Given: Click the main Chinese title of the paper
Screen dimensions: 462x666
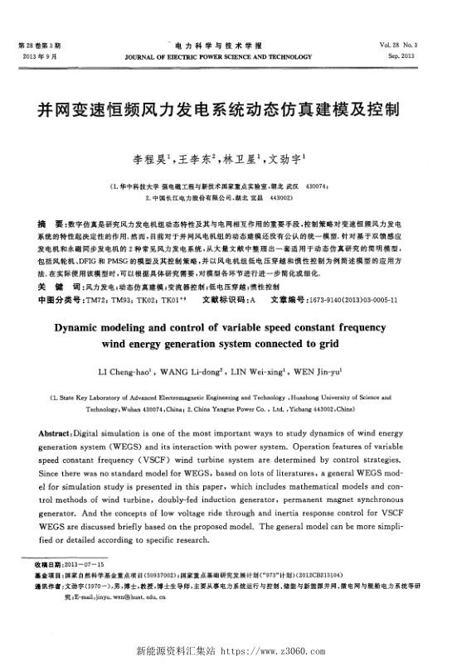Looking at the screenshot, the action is click(x=231, y=109).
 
